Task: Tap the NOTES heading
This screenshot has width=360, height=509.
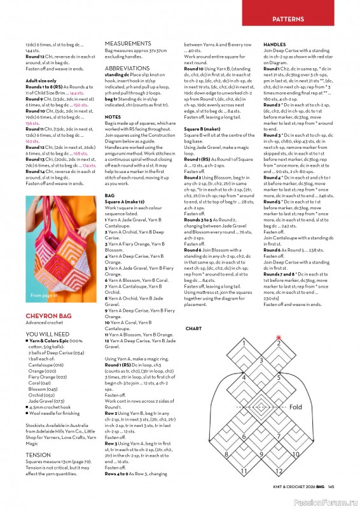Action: coord(113,117)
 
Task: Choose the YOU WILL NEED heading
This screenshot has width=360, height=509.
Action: coord(48,333)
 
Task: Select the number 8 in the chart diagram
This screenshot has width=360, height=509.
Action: coord(226,455)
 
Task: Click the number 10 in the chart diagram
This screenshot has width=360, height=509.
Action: coord(295,455)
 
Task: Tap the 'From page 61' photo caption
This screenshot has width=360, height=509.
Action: coord(42,296)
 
